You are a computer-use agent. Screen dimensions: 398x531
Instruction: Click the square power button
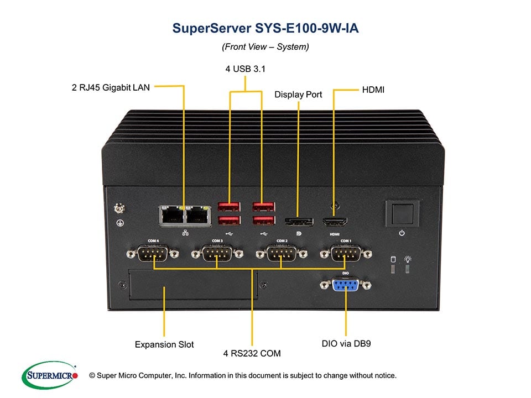point(402,212)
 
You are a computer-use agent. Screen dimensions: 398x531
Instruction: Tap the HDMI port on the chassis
point(334,222)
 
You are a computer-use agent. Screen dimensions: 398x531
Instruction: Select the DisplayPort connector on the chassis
point(299,222)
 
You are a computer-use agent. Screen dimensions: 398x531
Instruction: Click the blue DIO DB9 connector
point(346,285)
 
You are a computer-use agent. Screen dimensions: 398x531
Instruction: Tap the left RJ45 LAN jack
point(173,215)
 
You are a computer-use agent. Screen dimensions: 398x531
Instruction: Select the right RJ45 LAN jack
point(198,215)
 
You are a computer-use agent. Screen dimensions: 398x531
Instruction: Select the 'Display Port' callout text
point(298,95)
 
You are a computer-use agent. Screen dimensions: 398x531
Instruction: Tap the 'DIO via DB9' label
point(346,343)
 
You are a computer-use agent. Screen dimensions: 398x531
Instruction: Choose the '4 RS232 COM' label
point(252,353)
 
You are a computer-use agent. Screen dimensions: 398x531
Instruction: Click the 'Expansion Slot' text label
point(164,344)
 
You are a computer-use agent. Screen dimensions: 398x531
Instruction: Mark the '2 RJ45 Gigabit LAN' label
point(111,87)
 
